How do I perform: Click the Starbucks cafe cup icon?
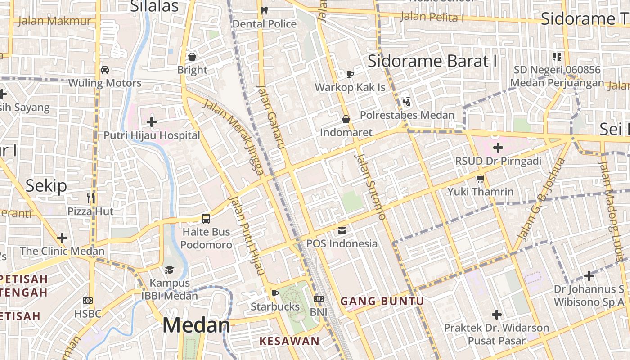[274, 293]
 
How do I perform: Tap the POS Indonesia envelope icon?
[342, 231]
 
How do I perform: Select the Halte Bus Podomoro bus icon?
[206, 219]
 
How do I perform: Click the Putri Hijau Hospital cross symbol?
[152, 121]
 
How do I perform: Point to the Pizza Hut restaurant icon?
[90, 197]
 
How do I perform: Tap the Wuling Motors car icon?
[105, 69]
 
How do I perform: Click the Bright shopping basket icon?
[192, 57]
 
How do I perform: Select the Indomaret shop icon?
[346, 119]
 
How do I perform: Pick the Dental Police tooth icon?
[264, 10]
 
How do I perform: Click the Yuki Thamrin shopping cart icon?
[480, 179]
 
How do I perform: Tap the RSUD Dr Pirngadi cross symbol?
[498, 147]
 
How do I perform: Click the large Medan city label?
[196, 325]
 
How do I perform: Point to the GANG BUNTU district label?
[382, 301]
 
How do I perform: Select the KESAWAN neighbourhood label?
[289, 341]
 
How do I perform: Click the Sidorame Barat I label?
[432, 61]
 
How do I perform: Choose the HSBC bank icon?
[88, 300]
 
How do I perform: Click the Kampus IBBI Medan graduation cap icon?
[169, 270]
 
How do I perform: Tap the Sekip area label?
[46, 185]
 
